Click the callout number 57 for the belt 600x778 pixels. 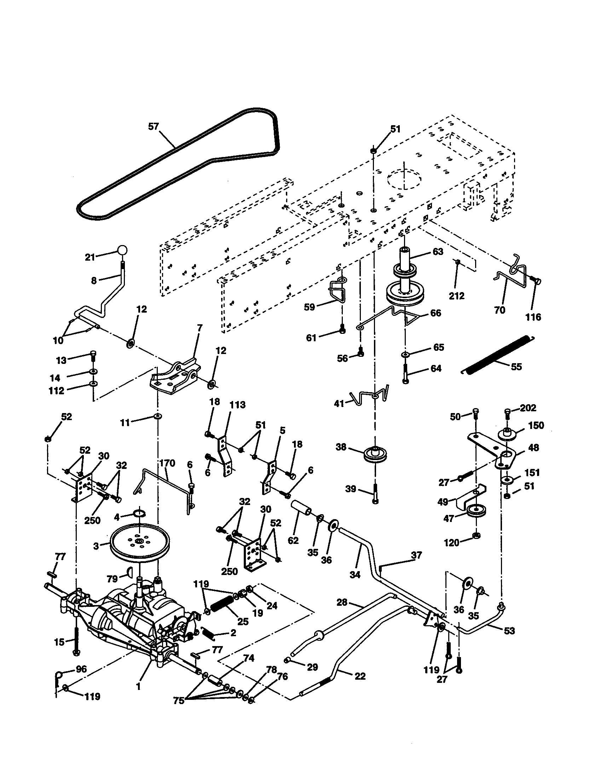tap(153, 127)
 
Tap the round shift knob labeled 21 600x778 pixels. tap(122, 250)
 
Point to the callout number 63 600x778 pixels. tap(438, 251)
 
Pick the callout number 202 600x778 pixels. tap(528, 407)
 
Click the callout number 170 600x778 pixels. tap(167, 463)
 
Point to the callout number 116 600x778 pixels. tap(533, 317)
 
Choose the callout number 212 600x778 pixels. tap(456, 296)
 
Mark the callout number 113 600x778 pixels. tap(237, 405)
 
